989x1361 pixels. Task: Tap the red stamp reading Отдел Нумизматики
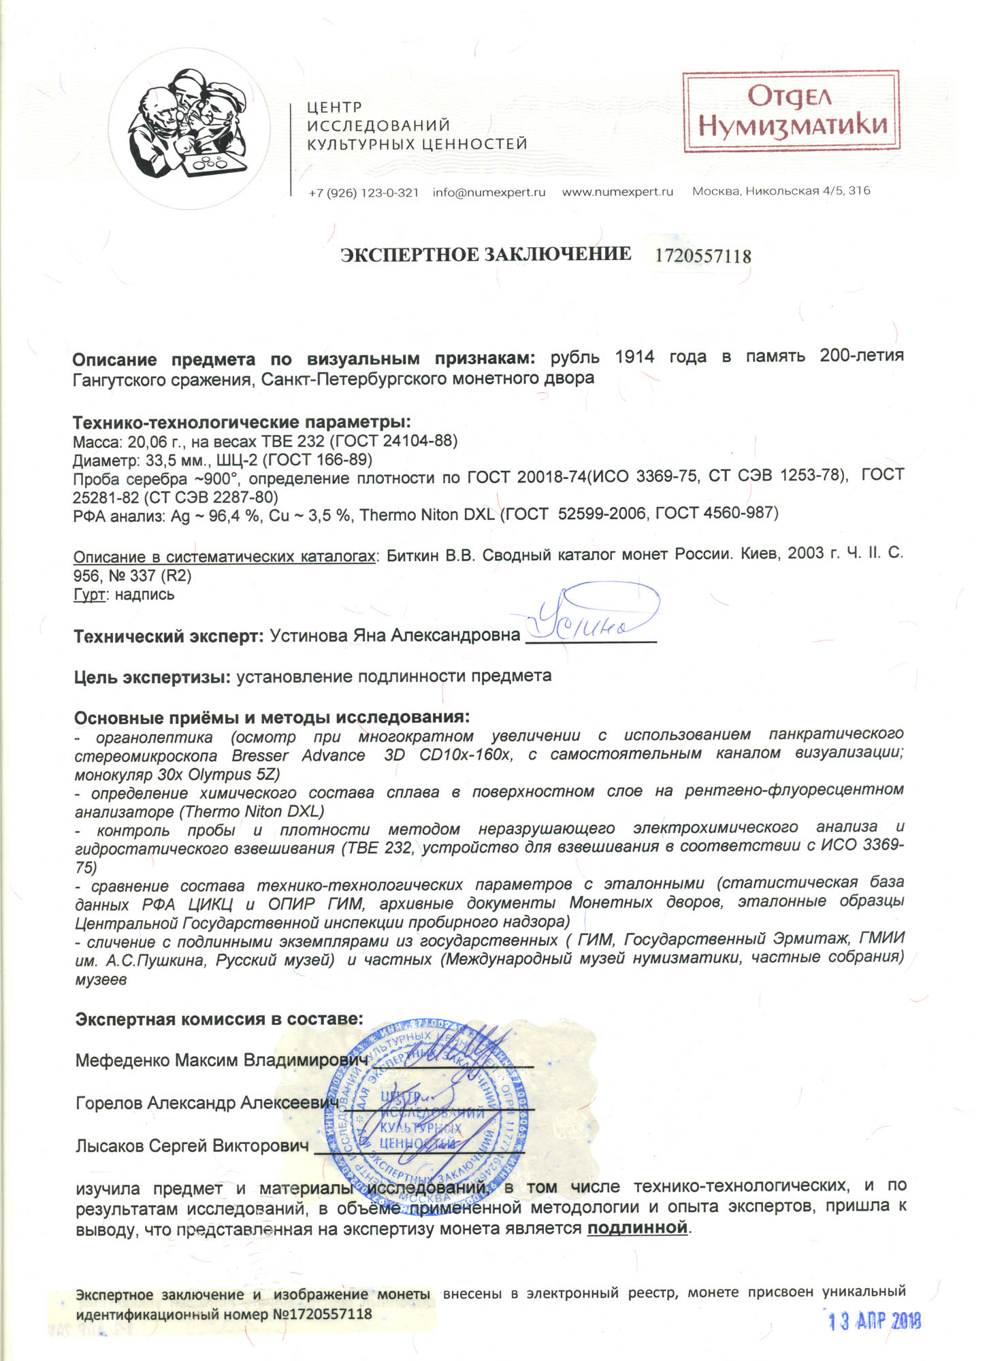coord(792,112)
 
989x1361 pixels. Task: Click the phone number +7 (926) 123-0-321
coord(363,193)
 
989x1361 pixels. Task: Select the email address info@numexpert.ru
coord(489,193)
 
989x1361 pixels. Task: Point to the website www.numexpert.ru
coord(617,192)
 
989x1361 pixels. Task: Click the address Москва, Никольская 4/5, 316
coord(781,191)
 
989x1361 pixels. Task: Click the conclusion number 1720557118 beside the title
coord(703,257)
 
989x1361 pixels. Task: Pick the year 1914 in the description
coord(634,357)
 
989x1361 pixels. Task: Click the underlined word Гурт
coord(89,595)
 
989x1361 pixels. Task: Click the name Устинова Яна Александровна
coord(395,636)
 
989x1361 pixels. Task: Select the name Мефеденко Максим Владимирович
coord(222,1060)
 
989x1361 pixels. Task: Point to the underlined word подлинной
coord(637,1228)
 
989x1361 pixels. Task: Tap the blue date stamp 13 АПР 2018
coord(874,1322)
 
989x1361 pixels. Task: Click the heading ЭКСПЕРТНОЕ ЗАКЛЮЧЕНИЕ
coord(485,255)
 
